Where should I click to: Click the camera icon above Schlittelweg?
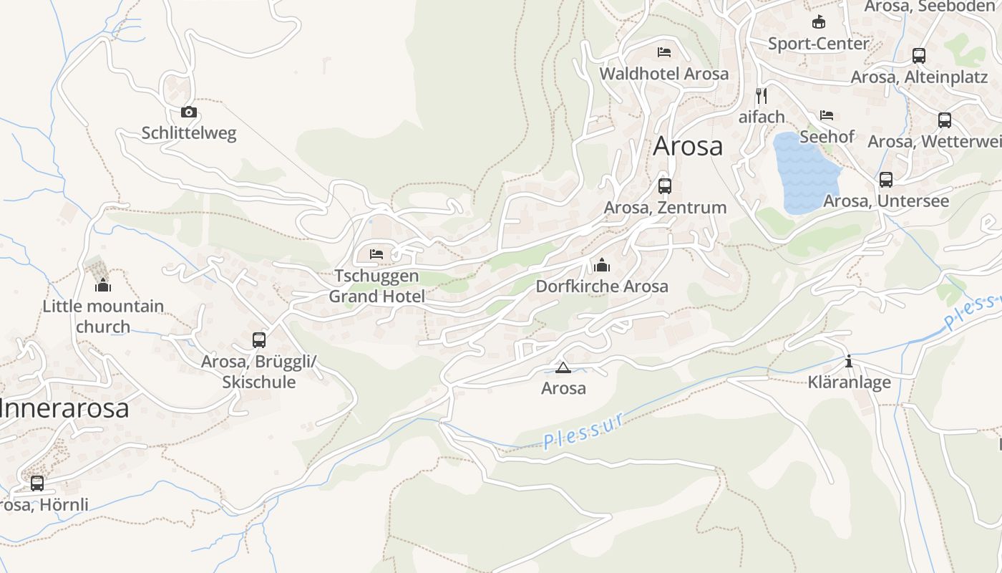coord(189,112)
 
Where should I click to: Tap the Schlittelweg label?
coord(189,133)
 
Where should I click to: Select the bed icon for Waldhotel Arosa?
coord(664,52)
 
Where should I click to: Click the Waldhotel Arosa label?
coord(664,74)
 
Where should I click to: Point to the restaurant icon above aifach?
coord(762,95)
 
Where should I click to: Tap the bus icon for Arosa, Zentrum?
coord(665,186)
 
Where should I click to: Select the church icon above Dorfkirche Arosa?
coord(602,266)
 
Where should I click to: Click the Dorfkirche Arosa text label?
coord(602,286)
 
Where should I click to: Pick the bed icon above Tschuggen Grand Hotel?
coord(376,254)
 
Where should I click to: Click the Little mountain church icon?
coord(103,285)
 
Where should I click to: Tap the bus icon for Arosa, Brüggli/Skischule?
coord(259,340)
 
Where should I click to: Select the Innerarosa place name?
coord(64,408)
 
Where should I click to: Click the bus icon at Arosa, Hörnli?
coord(37,483)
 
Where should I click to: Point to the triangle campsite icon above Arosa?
coord(563,368)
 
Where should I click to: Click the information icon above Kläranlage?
coord(849,362)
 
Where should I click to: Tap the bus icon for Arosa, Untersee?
coord(886,180)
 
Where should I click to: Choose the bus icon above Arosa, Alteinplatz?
coord(919,56)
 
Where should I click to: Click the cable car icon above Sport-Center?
coord(818,22)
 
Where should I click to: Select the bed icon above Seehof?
coord(827,115)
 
